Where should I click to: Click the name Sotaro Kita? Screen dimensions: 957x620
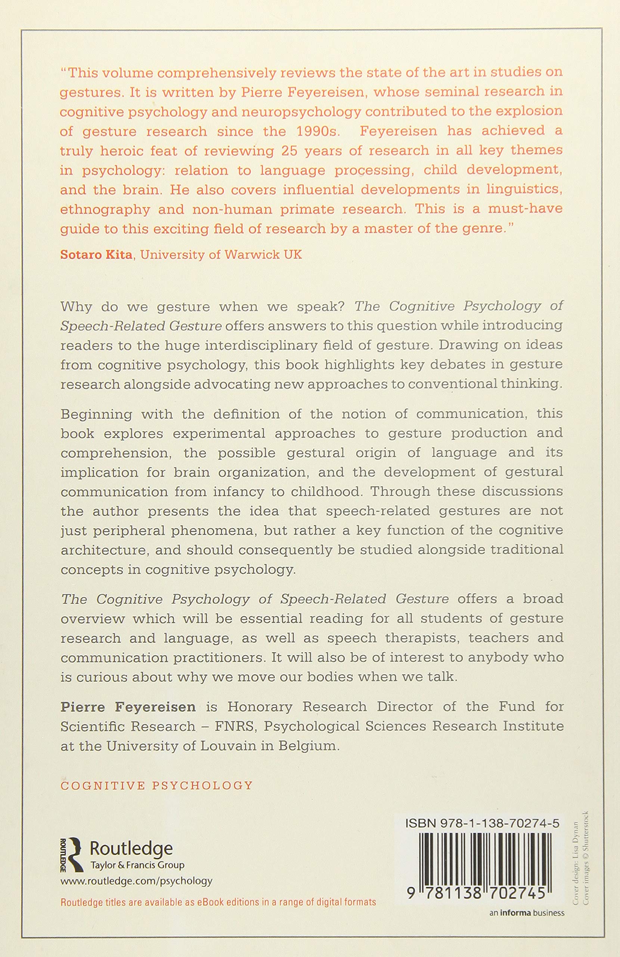click(96, 255)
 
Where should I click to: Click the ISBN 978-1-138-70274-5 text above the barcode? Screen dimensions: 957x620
click(483, 823)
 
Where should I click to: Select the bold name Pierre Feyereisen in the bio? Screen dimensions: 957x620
click(128, 707)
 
